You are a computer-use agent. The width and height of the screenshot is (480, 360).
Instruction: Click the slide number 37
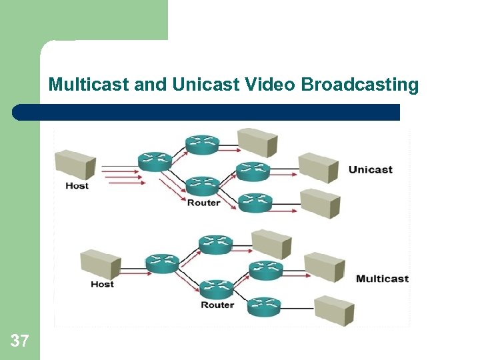click(20, 341)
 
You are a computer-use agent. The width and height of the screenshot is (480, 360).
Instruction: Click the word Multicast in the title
click(89, 85)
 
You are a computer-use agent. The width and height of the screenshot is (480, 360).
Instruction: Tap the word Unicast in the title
click(197, 85)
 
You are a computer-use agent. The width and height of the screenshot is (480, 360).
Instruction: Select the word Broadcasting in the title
click(360, 85)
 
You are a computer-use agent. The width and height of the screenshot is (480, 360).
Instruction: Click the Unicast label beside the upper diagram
click(370, 169)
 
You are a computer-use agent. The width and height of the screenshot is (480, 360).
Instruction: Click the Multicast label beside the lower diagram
click(382, 279)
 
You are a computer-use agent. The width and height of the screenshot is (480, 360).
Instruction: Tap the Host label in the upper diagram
click(77, 185)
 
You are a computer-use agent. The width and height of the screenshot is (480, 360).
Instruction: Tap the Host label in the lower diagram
click(102, 284)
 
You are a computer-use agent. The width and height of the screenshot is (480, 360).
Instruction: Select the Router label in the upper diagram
click(203, 202)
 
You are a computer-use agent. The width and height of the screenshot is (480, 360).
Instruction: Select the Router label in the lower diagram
click(217, 305)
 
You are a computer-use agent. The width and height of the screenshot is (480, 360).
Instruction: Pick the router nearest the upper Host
click(155, 161)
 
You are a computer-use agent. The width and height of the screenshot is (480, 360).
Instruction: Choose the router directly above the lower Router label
click(217, 288)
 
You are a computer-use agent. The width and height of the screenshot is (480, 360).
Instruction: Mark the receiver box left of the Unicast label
click(319, 167)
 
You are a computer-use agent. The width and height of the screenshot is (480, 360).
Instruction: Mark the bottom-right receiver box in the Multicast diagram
click(333, 309)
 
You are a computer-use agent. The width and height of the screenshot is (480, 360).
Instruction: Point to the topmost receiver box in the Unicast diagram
click(258, 141)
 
